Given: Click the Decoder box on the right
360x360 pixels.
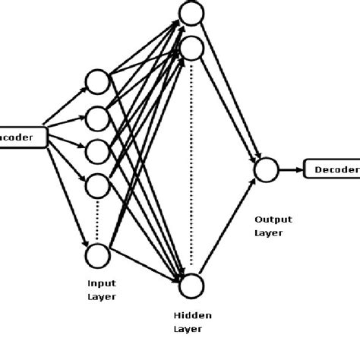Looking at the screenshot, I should click(332, 169).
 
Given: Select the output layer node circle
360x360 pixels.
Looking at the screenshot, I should click(265, 169).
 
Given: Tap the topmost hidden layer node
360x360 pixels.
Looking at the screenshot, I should click(190, 12).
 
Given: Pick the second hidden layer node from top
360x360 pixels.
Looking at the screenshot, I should click(192, 49).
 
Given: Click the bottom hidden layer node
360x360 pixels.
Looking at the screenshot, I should click(192, 283).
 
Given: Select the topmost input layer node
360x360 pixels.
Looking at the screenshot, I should click(98, 81).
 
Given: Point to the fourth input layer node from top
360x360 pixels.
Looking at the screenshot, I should click(98, 184).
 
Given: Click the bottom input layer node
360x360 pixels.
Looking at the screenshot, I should click(98, 254).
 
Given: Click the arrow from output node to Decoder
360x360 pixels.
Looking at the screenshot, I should click(289, 169).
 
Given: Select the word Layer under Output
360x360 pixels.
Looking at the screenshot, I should click(268, 233).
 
